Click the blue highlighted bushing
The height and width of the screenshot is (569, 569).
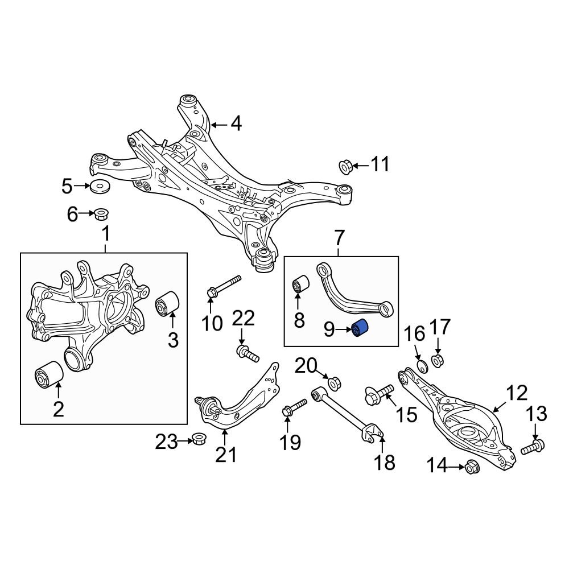click(x=360, y=329)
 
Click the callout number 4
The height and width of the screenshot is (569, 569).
click(x=236, y=123)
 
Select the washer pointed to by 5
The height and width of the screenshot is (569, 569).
click(x=100, y=186)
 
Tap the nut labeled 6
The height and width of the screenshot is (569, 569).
click(x=102, y=215)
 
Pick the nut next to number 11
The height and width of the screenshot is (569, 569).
click(x=345, y=166)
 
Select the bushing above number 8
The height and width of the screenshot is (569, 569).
click(x=300, y=284)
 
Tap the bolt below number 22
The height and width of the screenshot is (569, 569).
click(x=247, y=353)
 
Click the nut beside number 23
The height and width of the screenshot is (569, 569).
click(x=199, y=440)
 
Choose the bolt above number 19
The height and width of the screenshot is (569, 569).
click(x=293, y=407)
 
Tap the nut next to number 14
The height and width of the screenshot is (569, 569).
click(x=472, y=467)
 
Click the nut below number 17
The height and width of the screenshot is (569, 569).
click(x=438, y=360)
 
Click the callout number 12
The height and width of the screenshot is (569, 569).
click(x=517, y=393)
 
